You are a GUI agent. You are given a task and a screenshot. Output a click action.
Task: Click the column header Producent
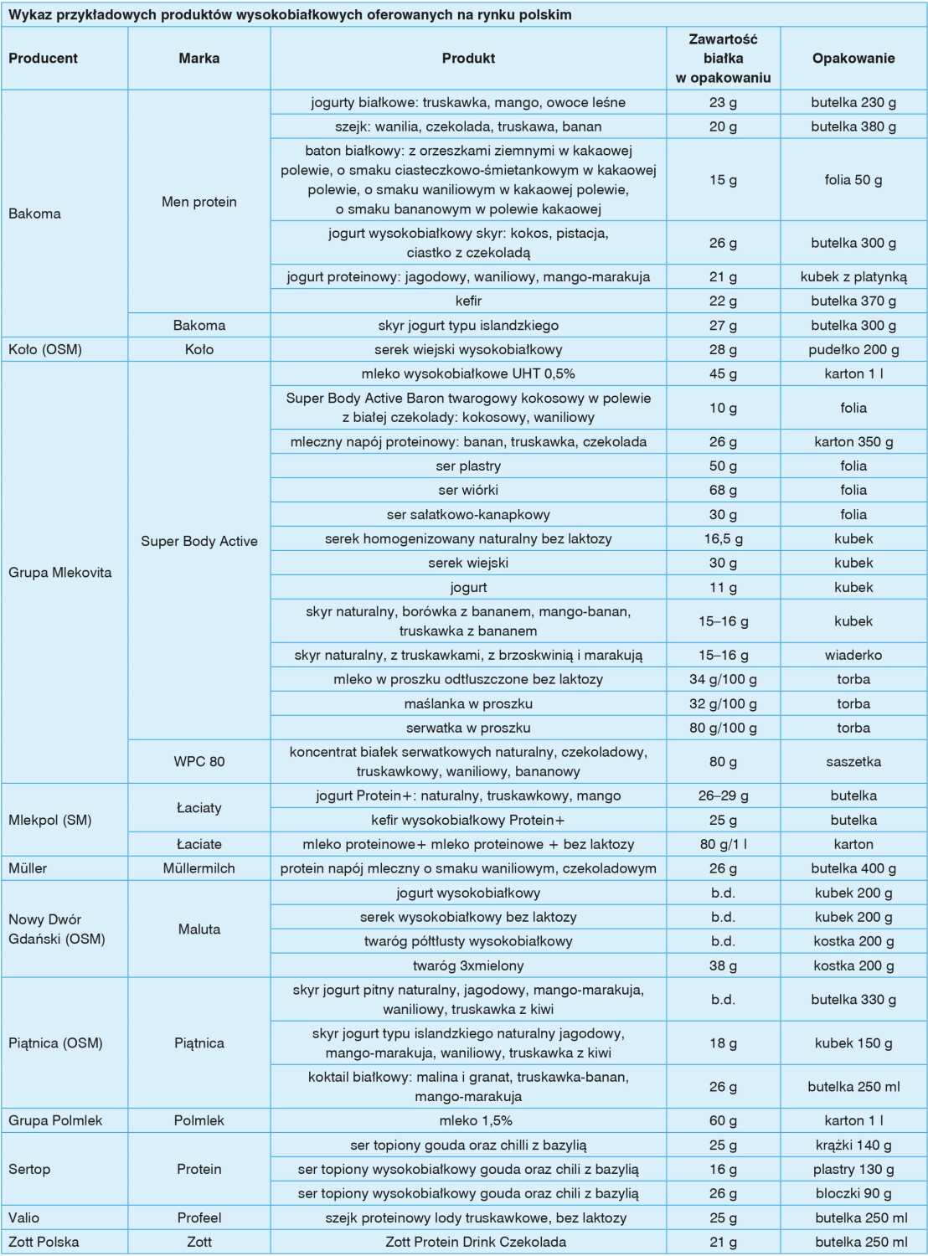pyautogui.click(x=43, y=59)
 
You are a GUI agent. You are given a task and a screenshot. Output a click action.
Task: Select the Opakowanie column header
pyautogui.click(x=853, y=59)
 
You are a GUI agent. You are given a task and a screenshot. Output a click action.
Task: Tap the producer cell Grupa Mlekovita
pyautogui.click(x=59, y=573)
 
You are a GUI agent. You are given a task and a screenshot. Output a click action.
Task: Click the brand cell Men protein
pyautogui.click(x=199, y=202)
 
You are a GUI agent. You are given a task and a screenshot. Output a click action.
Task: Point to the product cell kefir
pyautogui.click(x=468, y=301)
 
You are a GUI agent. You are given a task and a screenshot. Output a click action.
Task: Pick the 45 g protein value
pyautogui.click(x=723, y=373)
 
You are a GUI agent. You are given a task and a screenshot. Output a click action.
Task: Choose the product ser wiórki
pyautogui.click(x=468, y=490)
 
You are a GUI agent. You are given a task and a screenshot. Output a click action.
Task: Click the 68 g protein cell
pyautogui.click(x=723, y=490)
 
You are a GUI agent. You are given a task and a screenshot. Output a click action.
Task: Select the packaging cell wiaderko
pyautogui.click(x=853, y=655)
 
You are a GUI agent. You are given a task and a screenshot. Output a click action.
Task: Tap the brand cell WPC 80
pyautogui.click(x=199, y=762)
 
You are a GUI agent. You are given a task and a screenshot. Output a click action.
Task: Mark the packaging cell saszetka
pyautogui.click(x=853, y=762)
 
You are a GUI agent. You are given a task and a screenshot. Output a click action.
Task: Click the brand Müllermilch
pyautogui.click(x=199, y=868)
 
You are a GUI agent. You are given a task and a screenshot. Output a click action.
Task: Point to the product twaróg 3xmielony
pyautogui.click(x=468, y=965)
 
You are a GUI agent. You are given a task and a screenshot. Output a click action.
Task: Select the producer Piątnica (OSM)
pyautogui.click(x=55, y=1043)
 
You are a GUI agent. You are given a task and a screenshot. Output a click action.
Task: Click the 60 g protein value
pyautogui.click(x=723, y=1120)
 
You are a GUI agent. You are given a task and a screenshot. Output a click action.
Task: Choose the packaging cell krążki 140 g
pyautogui.click(x=853, y=1145)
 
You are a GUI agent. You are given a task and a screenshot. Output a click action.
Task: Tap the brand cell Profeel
pyautogui.click(x=199, y=1217)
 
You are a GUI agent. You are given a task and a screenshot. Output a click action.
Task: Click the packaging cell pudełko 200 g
pyautogui.click(x=853, y=349)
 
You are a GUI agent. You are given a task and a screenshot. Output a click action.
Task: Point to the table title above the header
pyautogui.click(x=290, y=15)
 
